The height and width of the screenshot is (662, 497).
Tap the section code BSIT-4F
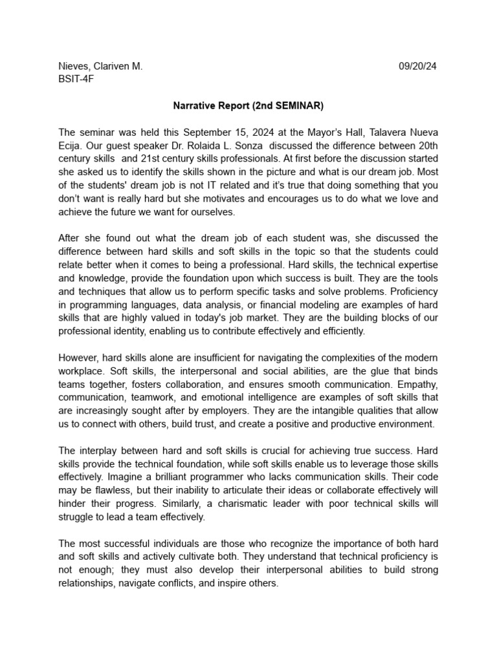(76, 79)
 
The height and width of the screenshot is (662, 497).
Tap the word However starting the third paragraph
(80, 358)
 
